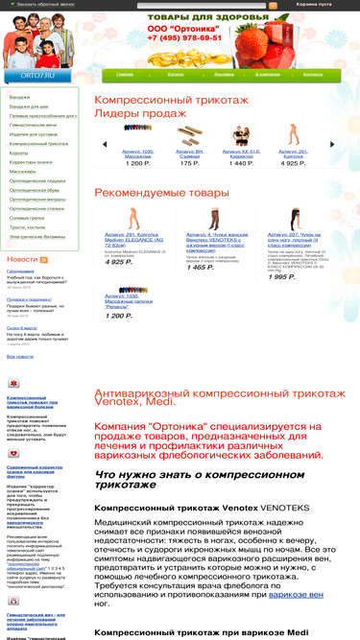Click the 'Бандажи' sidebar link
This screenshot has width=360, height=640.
pyautogui.click(x=19, y=97)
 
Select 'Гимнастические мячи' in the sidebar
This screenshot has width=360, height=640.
pyautogui.click(x=33, y=125)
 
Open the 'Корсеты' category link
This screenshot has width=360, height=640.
pyautogui.click(x=18, y=152)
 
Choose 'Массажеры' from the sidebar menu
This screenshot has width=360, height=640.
pyautogui.click(x=22, y=171)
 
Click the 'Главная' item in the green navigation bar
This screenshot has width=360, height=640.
pyautogui.click(x=125, y=73)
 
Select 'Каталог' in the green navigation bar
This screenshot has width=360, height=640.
pyautogui.click(x=176, y=73)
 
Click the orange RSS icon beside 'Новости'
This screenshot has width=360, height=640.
pyautogui.click(x=43, y=260)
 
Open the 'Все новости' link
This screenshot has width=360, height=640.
pyautogui.click(x=20, y=356)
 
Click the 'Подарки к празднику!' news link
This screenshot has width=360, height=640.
pyautogui.click(x=29, y=298)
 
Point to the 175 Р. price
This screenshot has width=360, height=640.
pyautogui.click(x=189, y=163)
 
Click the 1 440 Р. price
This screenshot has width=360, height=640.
pyautogui.click(x=241, y=163)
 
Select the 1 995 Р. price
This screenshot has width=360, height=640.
pyautogui.click(x=281, y=276)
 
